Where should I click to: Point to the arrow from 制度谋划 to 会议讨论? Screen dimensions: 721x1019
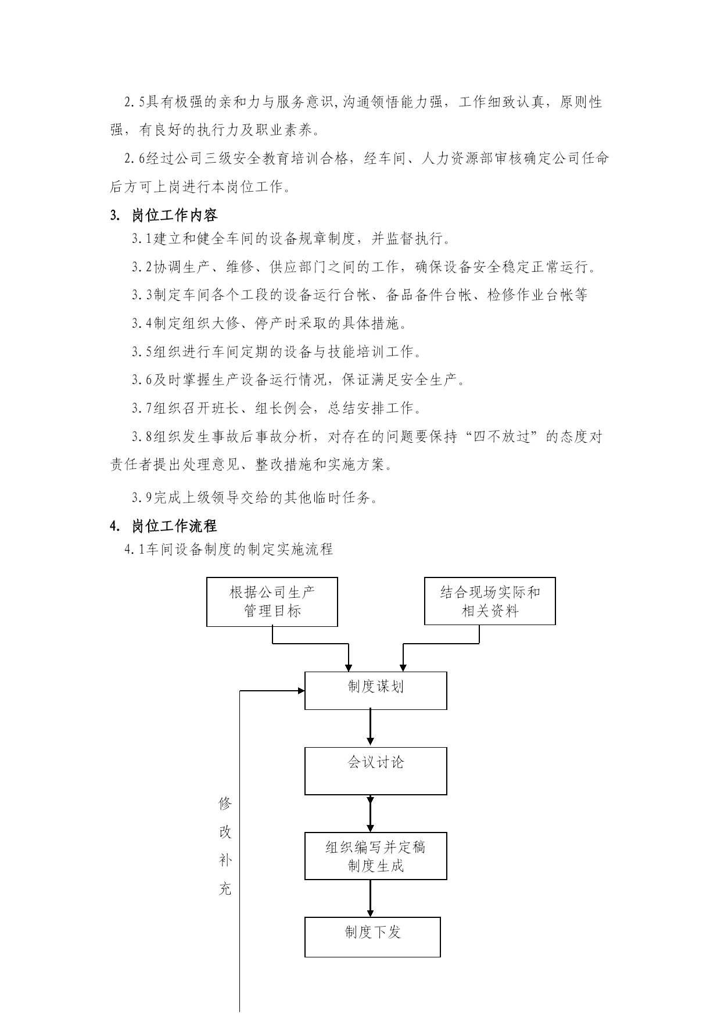point(370,729)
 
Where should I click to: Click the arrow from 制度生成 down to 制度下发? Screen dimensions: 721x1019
point(370,899)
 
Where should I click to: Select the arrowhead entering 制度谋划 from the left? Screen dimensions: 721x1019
point(301,691)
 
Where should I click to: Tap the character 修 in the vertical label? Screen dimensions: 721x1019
point(225,804)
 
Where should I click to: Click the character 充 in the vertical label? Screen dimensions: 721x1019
point(225,889)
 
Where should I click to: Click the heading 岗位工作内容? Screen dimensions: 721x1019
point(175,216)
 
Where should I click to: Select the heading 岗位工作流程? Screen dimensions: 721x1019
point(175,526)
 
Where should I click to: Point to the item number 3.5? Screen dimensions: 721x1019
point(142,352)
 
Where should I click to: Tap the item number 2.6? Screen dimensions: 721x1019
point(135,159)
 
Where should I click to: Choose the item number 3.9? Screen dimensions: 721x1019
point(142,498)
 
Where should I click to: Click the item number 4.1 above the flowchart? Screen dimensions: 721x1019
point(135,550)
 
